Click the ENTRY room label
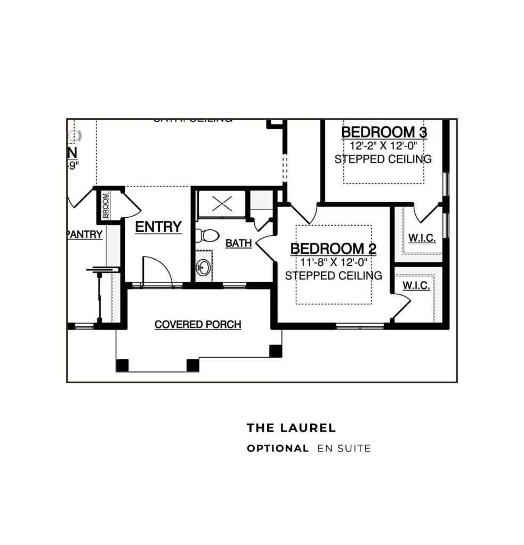coord(158,227)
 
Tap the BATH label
coord(238,243)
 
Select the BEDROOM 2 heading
coord(333,249)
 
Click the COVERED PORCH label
coord(198,324)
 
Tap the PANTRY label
coord(85,235)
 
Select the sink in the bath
coord(203,266)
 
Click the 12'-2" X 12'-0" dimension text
coord(383,145)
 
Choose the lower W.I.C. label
coord(416,286)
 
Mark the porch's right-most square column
coord(276,351)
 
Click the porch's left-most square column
coord(123,365)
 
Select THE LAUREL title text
coord(291,428)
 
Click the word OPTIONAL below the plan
coord(277,449)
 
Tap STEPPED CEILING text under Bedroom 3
coord(383,159)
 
